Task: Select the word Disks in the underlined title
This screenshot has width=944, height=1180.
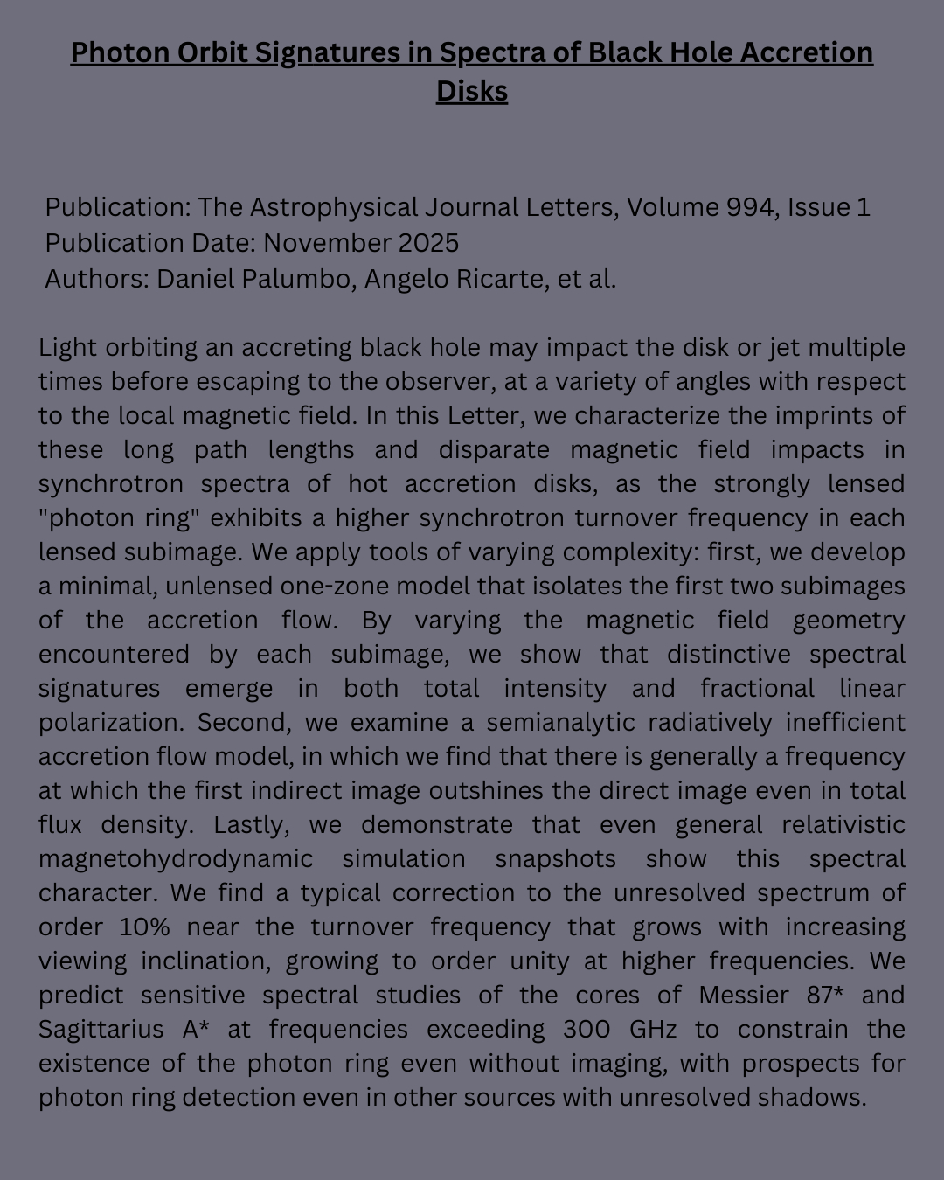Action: [x=472, y=91]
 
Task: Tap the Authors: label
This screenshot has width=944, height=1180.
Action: [x=96, y=279]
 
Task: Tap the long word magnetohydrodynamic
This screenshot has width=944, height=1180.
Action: [x=176, y=859]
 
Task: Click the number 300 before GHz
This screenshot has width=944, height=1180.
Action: [x=586, y=1030]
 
